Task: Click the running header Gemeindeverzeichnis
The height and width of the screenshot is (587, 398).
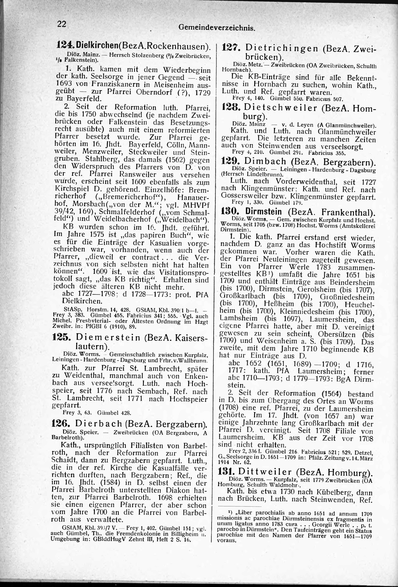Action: point(216,28)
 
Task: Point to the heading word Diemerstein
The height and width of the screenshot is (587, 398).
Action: point(108,338)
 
